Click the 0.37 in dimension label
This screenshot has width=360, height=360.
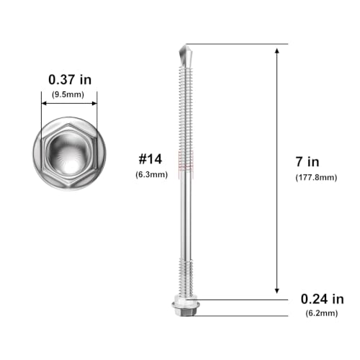[70, 79]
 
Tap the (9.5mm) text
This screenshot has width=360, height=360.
[68, 94]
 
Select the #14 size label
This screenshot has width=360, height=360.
[150, 159]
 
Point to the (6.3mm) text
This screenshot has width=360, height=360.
[151, 174]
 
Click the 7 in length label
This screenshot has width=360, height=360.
[307, 162]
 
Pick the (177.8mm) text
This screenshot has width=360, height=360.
[316, 178]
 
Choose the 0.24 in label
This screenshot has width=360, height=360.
[322, 300]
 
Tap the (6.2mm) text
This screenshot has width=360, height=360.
[322, 313]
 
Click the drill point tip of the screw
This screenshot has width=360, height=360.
[186, 45]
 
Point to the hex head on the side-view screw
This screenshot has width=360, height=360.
[186, 308]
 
